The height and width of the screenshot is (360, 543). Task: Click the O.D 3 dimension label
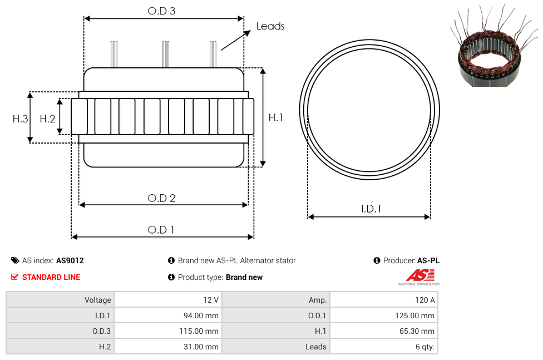[161, 11]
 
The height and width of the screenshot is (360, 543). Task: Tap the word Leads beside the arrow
[270, 26]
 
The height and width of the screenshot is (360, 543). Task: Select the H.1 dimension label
[275, 117]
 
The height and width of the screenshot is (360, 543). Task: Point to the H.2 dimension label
[47, 119]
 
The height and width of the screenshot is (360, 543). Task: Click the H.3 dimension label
[20, 119]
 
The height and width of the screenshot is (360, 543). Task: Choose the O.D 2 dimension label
[161, 198]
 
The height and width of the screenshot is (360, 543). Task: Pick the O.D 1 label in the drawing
[161, 230]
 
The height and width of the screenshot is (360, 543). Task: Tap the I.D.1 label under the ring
[371, 209]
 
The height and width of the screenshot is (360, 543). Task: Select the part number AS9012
[70, 260]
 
